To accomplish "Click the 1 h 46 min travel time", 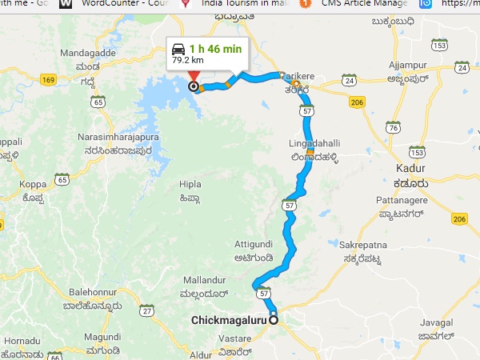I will [215, 48].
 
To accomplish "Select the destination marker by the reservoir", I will [193, 86].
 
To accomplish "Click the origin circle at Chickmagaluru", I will [274, 320].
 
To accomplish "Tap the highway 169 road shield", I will [47, 80].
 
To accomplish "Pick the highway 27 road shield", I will [146, 310].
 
